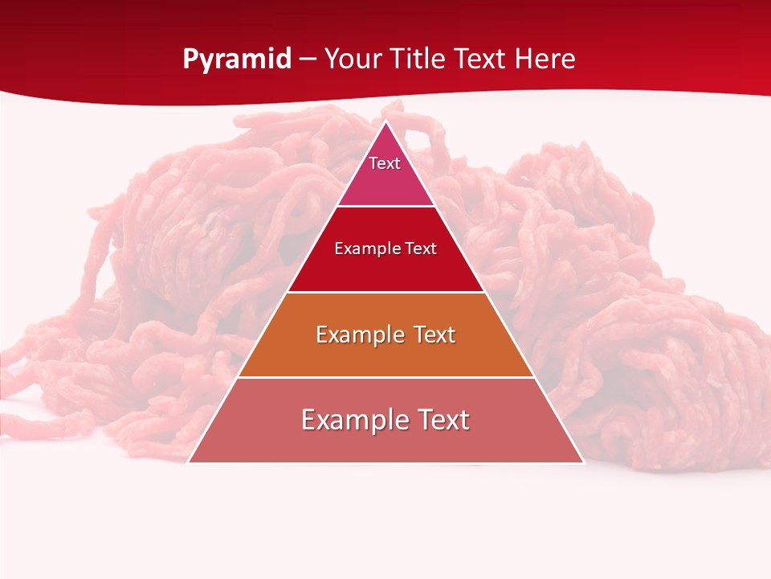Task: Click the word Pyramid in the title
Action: pyautogui.click(x=236, y=60)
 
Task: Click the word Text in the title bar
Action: pyautogui.click(x=480, y=59)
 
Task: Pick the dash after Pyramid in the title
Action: pyautogui.click(x=308, y=60)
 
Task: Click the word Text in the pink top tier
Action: pyautogui.click(x=385, y=163)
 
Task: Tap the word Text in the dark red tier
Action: pyautogui.click(x=419, y=248)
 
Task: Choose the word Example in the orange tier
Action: pyautogui.click(x=361, y=335)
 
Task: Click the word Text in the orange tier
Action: pyautogui.click(x=434, y=335)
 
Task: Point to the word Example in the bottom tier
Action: pyautogui.click(x=353, y=420)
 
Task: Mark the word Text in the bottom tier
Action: pyautogui.click(x=444, y=420)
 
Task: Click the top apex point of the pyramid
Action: pyautogui.click(x=385, y=121)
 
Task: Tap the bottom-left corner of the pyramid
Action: pyautogui.click(x=189, y=462)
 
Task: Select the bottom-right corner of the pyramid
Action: pyautogui.click(x=583, y=462)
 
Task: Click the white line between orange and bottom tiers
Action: pyautogui.click(x=385, y=377)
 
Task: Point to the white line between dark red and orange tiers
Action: pyautogui.click(x=385, y=292)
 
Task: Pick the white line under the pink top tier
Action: pyautogui.click(x=385, y=207)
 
